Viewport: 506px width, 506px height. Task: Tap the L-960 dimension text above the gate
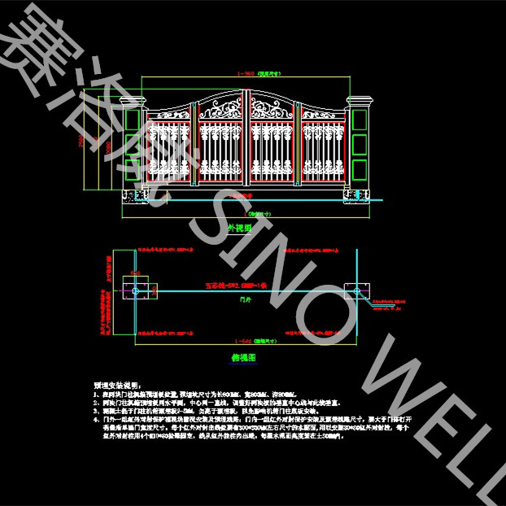(x=245, y=73)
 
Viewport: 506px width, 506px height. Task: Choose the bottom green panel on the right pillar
(x=359, y=170)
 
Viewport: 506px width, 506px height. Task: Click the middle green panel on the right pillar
(x=359, y=146)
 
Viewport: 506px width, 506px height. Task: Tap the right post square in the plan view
(x=356, y=290)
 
